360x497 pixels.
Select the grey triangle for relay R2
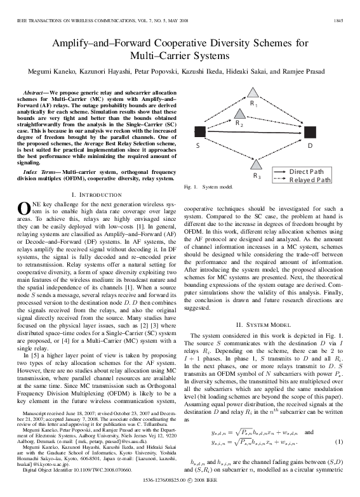point(239,116)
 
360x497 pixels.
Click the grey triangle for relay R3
point(256,164)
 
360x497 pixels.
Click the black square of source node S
point(199,131)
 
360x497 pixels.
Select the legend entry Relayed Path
point(310,180)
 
